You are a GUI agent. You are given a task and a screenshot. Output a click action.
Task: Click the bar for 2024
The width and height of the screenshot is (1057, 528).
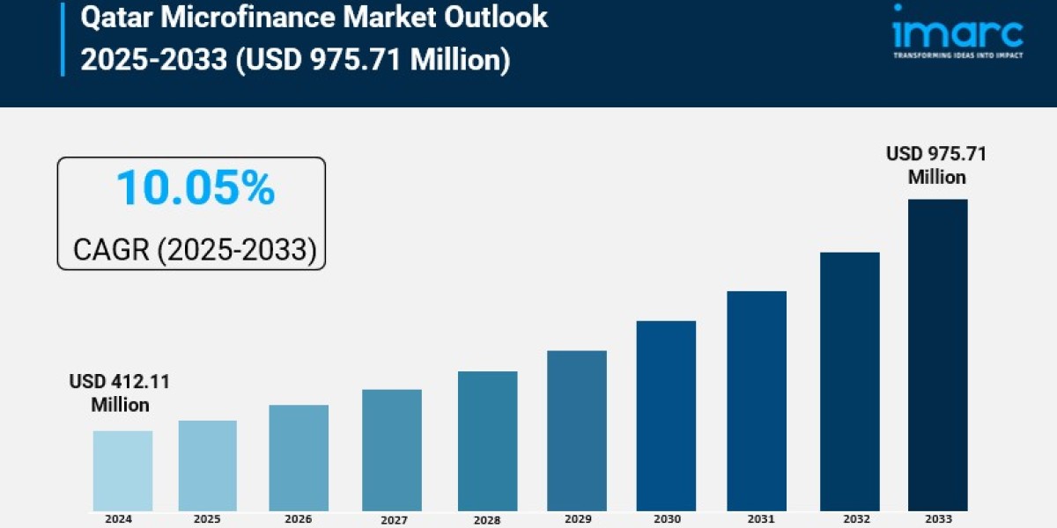[x=122, y=471]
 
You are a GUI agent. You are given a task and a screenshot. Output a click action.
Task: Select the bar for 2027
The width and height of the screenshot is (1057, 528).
[x=392, y=450]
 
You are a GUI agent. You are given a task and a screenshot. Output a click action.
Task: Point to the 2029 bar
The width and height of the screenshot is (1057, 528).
[x=576, y=430]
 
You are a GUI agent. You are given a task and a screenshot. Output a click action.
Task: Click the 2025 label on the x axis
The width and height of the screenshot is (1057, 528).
[x=208, y=519]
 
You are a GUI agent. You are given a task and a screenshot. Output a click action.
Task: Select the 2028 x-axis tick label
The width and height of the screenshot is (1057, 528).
[x=487, y=520]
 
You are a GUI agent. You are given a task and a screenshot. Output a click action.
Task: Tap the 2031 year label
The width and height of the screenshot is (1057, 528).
[x=757, y=519]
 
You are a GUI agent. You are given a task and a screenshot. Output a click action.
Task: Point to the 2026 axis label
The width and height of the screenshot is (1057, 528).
[x=299, y=519]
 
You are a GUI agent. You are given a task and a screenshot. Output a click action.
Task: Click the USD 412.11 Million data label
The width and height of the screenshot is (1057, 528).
[x=120, y=393]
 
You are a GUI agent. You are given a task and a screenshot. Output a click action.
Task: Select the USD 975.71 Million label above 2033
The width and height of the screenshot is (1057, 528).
[x=936, y=165]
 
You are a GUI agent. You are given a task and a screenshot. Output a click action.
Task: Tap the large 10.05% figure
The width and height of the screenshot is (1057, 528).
[x=195, y=188]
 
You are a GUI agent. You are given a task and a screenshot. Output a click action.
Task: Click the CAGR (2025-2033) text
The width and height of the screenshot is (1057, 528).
[x=194, y=249]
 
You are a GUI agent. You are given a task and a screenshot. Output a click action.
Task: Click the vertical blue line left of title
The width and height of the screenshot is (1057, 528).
[x=63, y=38]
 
